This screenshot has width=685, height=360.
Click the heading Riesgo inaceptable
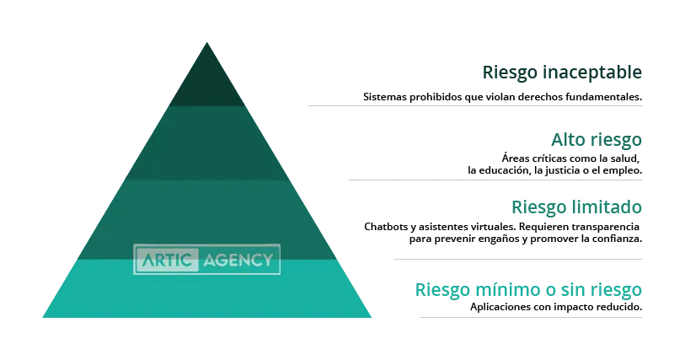pyautogui.click(x=562, y=73)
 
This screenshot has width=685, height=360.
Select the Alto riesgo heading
pyautogui.click(x=597, y=140)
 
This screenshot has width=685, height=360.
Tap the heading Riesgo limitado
pyautogui.click(x=576, y=207)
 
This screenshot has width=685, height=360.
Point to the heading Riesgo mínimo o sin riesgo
pyautogui.click(x=528, y=290)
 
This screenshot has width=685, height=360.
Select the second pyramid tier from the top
pyautogui.click(x=207, y=142)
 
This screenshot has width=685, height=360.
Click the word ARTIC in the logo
pyautogui.click(x=167, y=260)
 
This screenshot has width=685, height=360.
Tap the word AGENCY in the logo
pyautogui.click(x=238, y=261)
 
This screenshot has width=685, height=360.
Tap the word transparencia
pyautogui.click(x=606, y=227)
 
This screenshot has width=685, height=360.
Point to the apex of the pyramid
pyautogui.click(x=207, y=42)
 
